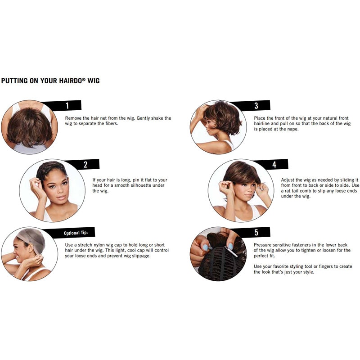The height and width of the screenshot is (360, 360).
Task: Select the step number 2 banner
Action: coord(85,164)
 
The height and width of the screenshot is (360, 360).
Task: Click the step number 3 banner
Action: coord(256,106)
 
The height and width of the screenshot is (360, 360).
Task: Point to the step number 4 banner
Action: coord(274,164)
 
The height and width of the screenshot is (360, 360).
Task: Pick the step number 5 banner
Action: coord(256,233)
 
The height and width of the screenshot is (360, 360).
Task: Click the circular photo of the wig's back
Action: coord(29,127)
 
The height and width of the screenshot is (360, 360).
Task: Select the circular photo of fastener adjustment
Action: coord(218,254)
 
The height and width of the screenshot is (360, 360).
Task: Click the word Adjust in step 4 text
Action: coord(289,179)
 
